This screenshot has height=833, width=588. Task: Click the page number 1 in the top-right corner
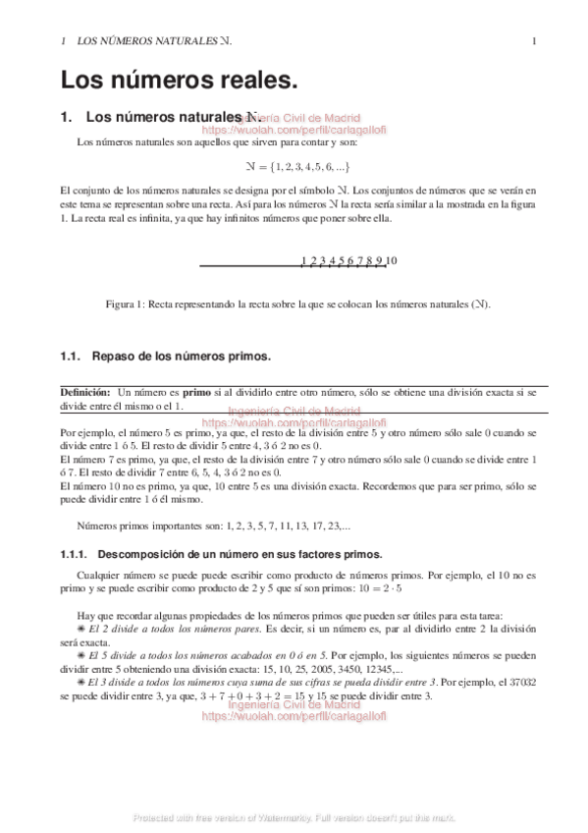(x=533, y=41)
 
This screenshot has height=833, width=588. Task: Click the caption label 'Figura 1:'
(x=126, y=305)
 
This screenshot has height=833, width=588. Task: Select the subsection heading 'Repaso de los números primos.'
(x=181, y=355)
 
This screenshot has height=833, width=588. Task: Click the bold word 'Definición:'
(x=85, y=392)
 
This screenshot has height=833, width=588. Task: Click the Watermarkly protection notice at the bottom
(x=294, y=818)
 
